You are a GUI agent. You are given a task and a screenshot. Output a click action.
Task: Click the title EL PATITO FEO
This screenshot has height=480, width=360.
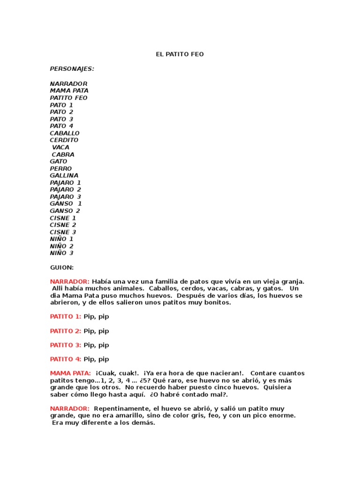(180, 54)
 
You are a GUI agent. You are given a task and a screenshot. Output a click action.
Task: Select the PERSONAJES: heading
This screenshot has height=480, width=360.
(72, 69)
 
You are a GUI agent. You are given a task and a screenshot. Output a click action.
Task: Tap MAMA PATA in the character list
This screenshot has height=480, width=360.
(69, 90)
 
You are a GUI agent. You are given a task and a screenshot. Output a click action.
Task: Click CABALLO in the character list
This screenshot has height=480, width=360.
(65, 133)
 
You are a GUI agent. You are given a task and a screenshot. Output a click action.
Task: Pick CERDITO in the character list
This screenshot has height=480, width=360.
(64, 140)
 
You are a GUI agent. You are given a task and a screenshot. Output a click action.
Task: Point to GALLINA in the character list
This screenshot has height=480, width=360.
(64, 175)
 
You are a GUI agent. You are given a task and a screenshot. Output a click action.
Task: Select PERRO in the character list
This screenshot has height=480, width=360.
(61, 168)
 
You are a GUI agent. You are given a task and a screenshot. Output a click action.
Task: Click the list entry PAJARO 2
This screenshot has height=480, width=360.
(66, 189)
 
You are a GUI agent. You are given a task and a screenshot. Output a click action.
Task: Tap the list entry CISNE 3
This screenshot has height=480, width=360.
(63, 232)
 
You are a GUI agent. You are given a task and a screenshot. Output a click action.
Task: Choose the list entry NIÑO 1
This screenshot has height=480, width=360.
(62, 239)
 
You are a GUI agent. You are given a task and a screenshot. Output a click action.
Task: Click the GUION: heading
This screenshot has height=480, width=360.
(62, 267)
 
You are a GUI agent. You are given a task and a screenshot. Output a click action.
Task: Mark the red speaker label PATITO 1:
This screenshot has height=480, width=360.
(66, 316)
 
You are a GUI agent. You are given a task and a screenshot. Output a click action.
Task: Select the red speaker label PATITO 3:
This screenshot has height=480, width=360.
(66, 345)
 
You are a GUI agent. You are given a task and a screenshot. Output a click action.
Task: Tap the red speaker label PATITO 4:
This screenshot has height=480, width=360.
(66, 359)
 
